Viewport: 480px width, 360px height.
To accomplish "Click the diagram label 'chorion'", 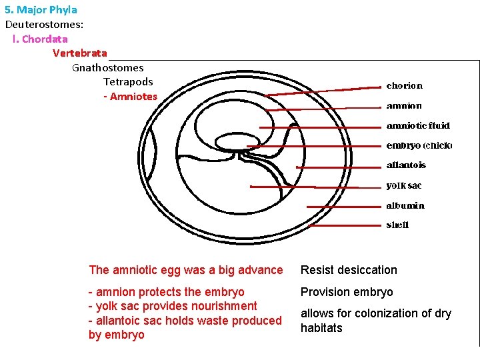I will click(404, 86).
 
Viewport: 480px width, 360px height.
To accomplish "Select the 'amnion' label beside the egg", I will click(404, 106).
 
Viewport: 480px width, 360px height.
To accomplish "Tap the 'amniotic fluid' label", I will click(418, 126).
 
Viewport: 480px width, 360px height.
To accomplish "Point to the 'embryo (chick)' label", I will click(419, 145).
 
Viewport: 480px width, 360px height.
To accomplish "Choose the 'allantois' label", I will click(406, 165).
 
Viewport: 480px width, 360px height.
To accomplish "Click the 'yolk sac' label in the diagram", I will click(404, 185).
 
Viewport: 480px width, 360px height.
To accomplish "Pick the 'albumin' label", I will click(405, 205).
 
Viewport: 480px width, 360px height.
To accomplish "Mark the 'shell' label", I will click(397, 225).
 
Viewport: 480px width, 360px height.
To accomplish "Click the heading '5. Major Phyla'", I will click(41, 10).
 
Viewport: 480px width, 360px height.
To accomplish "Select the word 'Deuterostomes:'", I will click(44, 24).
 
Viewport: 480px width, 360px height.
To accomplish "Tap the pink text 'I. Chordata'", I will click(40, 39).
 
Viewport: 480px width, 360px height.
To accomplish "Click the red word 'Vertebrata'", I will click(79, 53).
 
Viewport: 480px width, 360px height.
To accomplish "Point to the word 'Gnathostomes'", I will click(107, 67).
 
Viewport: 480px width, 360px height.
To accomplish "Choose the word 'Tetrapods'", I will click(128, 82).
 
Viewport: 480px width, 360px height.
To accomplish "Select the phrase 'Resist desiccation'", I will click(349, 270).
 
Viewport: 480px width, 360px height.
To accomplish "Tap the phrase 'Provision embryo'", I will click(347, 292).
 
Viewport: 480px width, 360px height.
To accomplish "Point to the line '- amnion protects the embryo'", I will click(167, 292).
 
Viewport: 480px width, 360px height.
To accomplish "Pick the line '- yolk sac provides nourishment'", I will click(173, 306).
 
